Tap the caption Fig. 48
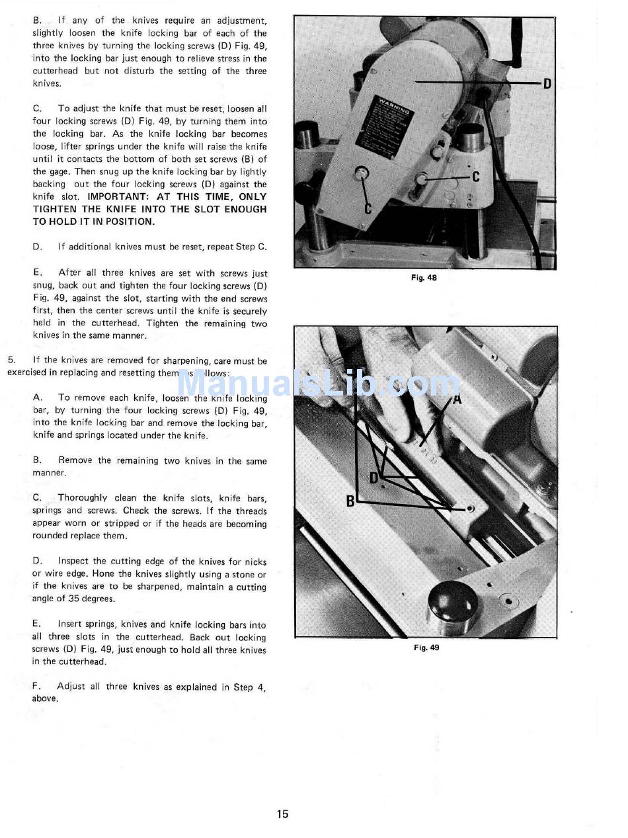(x=424, y=278)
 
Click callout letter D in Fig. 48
(x=547, y=83)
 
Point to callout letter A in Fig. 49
(x=457, y=399)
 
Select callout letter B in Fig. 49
(x=350, y=501)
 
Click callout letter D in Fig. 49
(x=374, y=478)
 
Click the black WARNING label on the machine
(x=387, y=128)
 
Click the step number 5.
(x=12, y=360)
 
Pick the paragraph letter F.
(x=36, y=686)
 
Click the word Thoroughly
(x=83, y=498)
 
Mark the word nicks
(x=255, y=562)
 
